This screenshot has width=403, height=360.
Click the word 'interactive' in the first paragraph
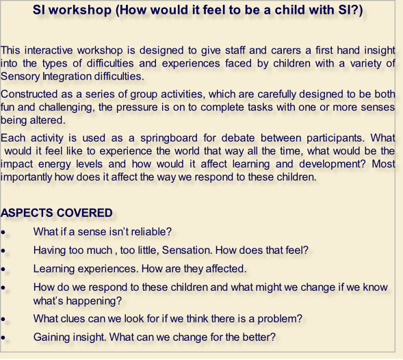pos(49,50)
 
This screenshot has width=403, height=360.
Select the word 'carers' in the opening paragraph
pos(286,50)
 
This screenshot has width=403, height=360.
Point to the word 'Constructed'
pos(29,94)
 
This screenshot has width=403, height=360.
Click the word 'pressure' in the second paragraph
pos(137,107)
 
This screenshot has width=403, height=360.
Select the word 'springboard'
pos(169,138)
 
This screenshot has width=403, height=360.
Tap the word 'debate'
pos(238,138)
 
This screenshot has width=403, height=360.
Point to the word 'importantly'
pos(27,177)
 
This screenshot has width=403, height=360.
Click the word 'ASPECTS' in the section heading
pos(27,213)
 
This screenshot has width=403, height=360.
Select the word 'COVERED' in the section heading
pos(84,213)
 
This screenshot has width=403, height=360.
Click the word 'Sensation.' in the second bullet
pos(187,250)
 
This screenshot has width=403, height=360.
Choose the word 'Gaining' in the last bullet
pos(52,337)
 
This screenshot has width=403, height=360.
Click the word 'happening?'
pos(94,301)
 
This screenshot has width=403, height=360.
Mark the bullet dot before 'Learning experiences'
pos(3,269)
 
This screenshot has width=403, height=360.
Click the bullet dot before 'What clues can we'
pos(3,320)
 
